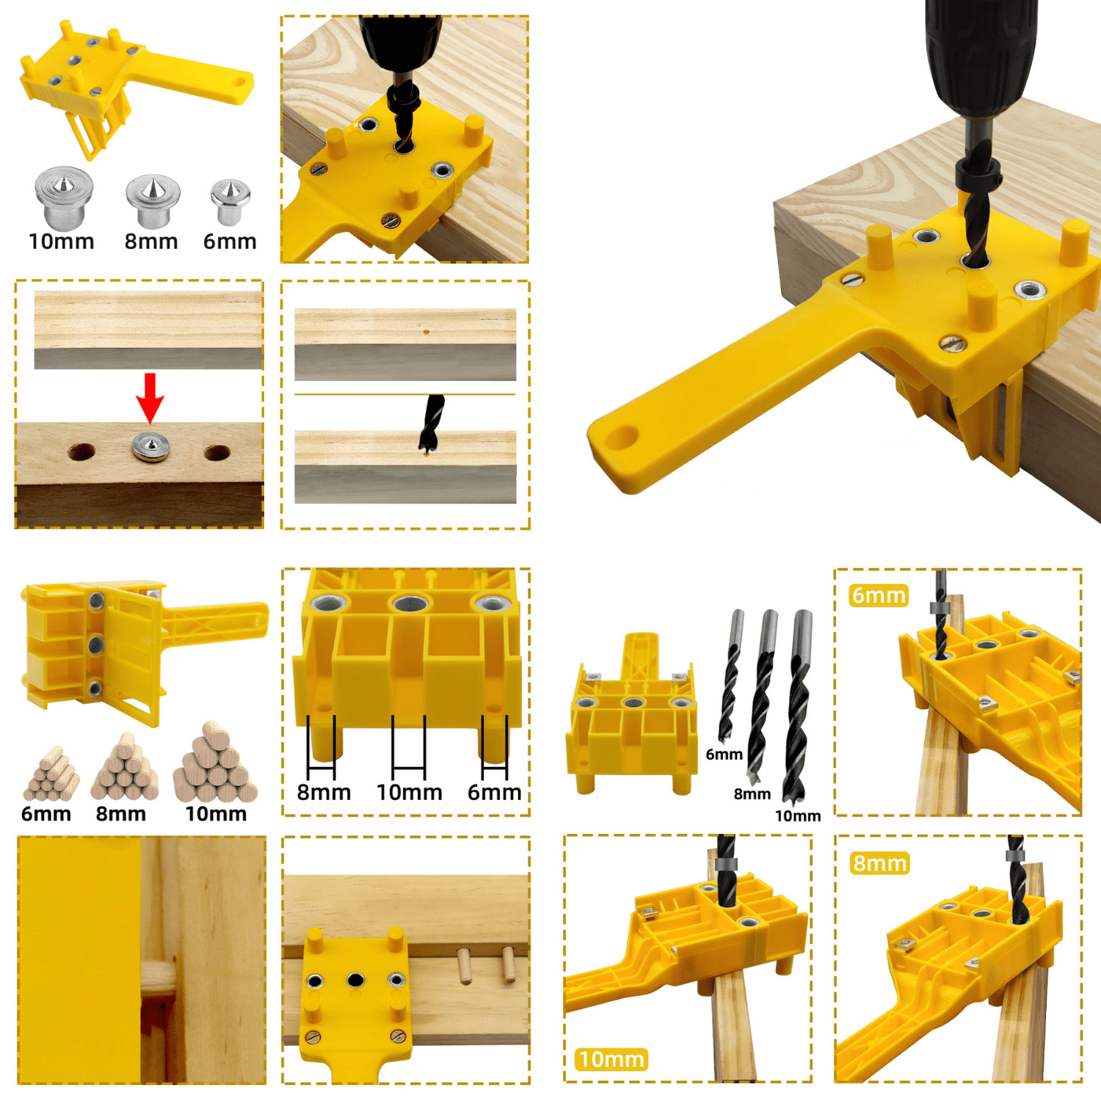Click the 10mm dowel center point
(x=64, y=197)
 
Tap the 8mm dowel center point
(x=153, y=200)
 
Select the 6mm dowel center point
(x=230, y=202)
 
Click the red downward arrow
(x=150, y=398)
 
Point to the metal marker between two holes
(x=150, y=446)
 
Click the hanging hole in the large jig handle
(x=622, y=437)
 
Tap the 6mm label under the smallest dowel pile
(x=46, y=813)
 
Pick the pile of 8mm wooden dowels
(x=124, y=766)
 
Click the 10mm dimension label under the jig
(x=410, y=793)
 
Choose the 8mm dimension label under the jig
(x=324, y=793)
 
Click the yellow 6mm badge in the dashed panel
(x=879, y=595)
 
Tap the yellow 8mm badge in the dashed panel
(x=880, y=863)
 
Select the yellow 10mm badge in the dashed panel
(x=611, y=1059)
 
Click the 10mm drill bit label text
(x=798, y=816)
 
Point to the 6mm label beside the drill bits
(x=724, y=755)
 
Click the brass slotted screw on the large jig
(x=952, y=343)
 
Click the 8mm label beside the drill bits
(x=752, y=793)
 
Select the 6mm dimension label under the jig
(x=494, y=793)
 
